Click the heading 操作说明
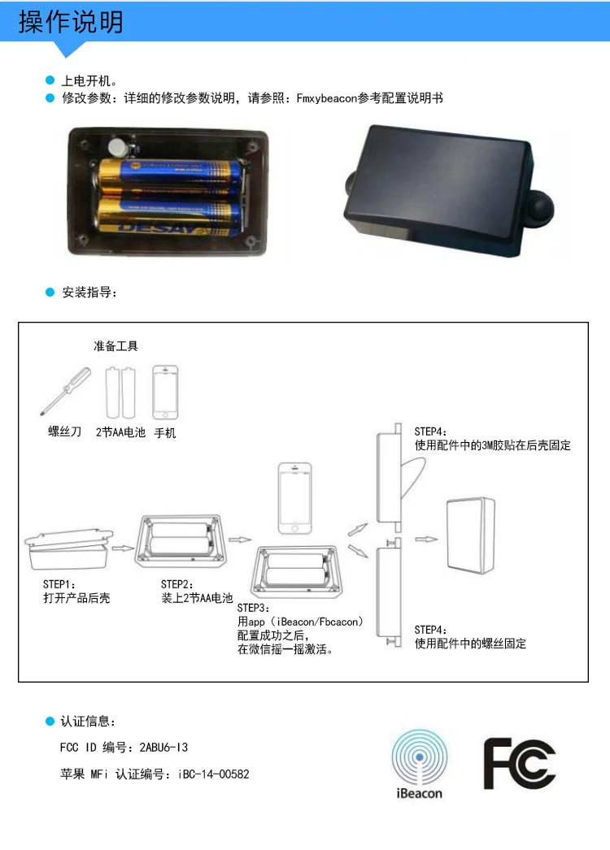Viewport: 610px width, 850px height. (x=71, y=22)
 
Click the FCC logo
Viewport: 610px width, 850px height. (x=520, y=763)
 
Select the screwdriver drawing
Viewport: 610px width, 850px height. (x=66, y=391)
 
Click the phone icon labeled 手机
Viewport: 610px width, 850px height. (x=165, y=392)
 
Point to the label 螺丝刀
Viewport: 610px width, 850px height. (x=64, y=432)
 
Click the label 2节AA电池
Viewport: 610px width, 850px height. (x=120, y=432)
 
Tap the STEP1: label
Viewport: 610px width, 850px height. (x=59, y=584)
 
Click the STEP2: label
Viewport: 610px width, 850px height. (x=177, y=584)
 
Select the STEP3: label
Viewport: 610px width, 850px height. (x=254, y=608)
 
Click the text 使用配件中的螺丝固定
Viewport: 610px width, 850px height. (x=471, y=644)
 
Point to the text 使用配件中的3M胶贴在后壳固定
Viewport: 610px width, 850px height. (x=493, y=445)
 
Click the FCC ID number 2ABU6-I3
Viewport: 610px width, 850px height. (x=163, y=748)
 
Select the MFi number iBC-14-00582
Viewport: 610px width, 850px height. (x=213, y=774)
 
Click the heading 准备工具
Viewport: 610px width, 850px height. (x=115, y=346)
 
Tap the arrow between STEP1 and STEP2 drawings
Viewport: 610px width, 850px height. (x=123, y=548)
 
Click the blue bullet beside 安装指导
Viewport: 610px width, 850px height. (x=50, y=293)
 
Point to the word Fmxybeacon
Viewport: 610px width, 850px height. (x=327, y=98)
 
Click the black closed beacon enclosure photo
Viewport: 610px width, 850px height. (x=448, y=191)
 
